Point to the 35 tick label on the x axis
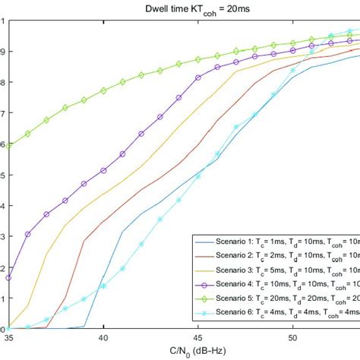pos(9,338)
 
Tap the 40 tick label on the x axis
pos(103,338)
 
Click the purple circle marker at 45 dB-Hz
pos(198,77)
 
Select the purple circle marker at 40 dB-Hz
pos(103,170)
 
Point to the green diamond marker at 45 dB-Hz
pos(198,59)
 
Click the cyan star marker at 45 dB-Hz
pos(198,176)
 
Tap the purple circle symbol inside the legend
pos(206,283)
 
